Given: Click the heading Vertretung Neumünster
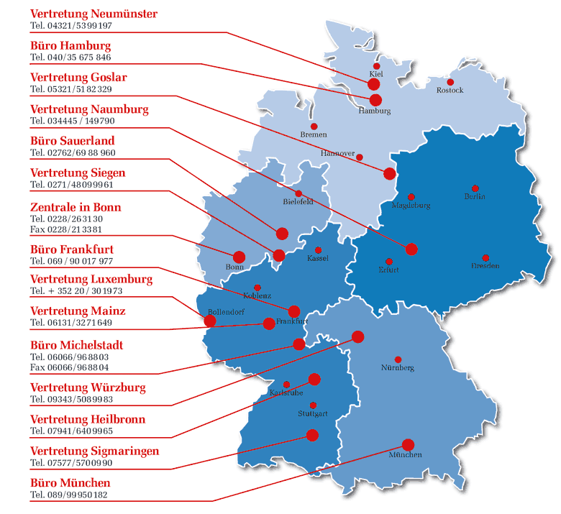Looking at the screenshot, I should coord(93,14).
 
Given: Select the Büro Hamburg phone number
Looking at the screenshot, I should coord(70,57).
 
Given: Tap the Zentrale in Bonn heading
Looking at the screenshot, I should coord(76,207).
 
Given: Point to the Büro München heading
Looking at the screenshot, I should coord(70,482).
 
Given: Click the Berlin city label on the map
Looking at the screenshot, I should coord(475,196).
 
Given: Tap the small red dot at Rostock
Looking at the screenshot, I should coord(451,82).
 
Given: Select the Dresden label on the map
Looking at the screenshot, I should coord(485,266).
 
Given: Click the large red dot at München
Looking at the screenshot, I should coord(408,444).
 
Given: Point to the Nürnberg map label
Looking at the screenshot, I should coord(398,368).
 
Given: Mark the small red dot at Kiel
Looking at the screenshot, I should coord(376,66).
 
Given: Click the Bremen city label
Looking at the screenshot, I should coord(314,134).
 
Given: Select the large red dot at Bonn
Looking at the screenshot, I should coord(239,257).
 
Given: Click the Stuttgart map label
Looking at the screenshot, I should coord(313,414).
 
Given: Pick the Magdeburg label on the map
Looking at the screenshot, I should coord(411,205).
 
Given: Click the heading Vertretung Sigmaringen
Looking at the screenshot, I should coord(94,451).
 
